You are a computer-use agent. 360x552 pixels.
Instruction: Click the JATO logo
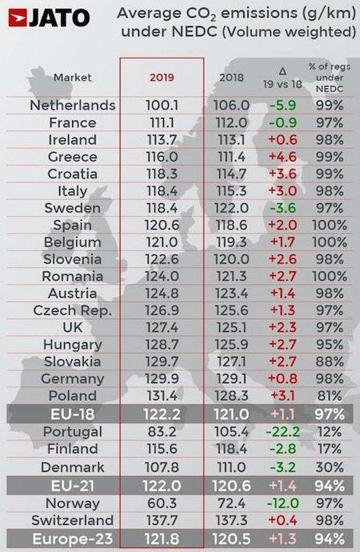[x=49, y=18]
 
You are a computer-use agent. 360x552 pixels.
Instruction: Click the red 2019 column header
[x=161, y=77]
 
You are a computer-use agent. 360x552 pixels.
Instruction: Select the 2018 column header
[x=232, y=77]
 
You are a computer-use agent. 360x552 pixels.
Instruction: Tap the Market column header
[x=72, y=77]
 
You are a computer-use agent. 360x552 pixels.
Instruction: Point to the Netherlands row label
[x=73, y=105]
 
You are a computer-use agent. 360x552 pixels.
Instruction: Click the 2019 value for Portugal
[x=161, y=431]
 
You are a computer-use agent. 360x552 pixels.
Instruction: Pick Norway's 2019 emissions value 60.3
[x=161, y=503]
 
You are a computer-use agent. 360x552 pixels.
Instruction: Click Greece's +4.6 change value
[x=282, y=157]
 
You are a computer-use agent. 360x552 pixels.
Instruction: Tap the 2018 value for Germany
[x=232, y=379]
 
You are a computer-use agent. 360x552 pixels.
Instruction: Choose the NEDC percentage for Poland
[x=329, y=396]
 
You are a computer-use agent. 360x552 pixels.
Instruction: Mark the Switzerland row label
[x=73, y=520]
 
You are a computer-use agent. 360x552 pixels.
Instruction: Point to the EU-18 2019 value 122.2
[x=161, y=414]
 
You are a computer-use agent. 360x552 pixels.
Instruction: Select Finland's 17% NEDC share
[x=329, y=449]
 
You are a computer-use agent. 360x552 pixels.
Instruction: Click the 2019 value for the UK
[x=161, y=327]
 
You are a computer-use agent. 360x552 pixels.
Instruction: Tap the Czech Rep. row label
[x=73, y=310]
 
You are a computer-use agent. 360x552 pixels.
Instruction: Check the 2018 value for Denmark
[x=232, y=467]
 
